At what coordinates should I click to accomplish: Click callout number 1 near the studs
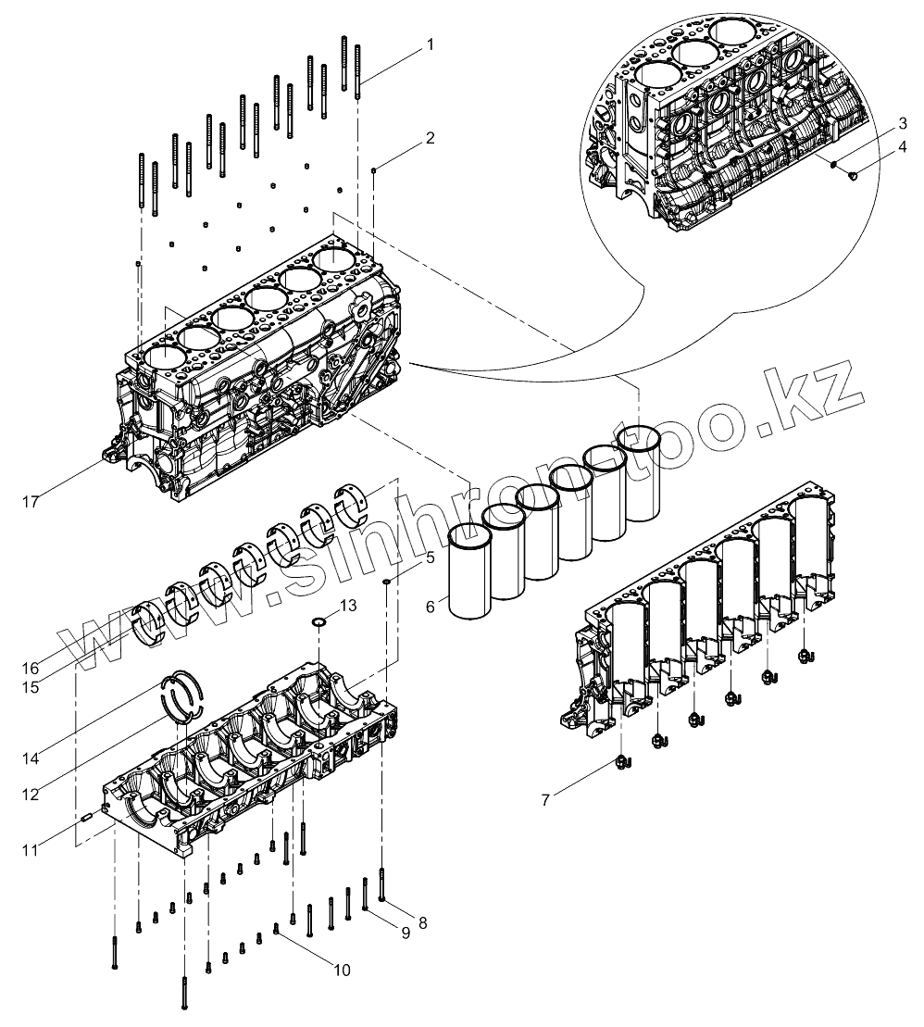[x=429, y=43]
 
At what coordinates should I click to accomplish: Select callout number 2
[x=429, y=138]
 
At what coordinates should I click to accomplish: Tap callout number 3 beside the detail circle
[x=901, y=124]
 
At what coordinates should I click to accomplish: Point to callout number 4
[x=901, y=146]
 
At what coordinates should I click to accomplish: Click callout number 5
[x=429, y=557]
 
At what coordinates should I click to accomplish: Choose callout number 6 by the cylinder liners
[x=430, y=607]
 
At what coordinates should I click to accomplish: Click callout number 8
[x=423, y=922]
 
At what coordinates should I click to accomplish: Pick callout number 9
[x=405, y=933]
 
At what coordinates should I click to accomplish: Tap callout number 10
[x=342, y=970]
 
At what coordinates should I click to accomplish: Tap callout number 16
[x=31, y=668]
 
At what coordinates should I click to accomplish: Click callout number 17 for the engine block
[x=31, y=501]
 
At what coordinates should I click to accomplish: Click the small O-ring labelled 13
[x=318, y=621]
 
